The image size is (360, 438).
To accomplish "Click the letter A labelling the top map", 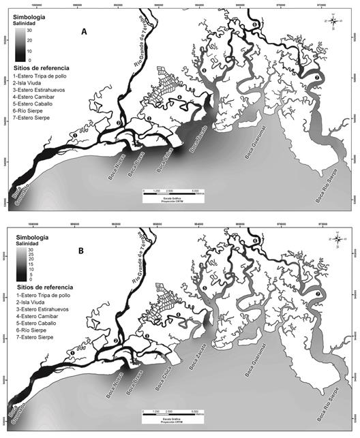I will click(83, 31).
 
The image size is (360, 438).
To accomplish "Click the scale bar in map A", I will click(173, 193).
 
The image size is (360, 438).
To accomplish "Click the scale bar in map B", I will click(173, 413).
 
